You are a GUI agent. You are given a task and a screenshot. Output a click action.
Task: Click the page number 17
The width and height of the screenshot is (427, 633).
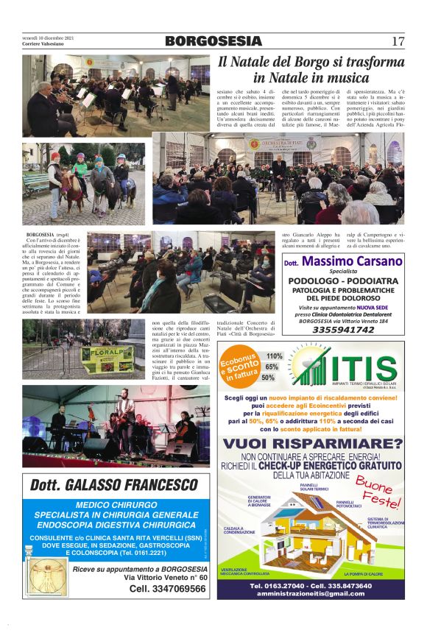[x=398, y=41]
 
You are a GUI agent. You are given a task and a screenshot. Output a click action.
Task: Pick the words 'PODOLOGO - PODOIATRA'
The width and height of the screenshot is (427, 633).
[x=342, y=281]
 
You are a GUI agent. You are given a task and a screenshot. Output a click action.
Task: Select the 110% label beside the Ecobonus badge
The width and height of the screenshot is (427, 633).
[x=274, y=356]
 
